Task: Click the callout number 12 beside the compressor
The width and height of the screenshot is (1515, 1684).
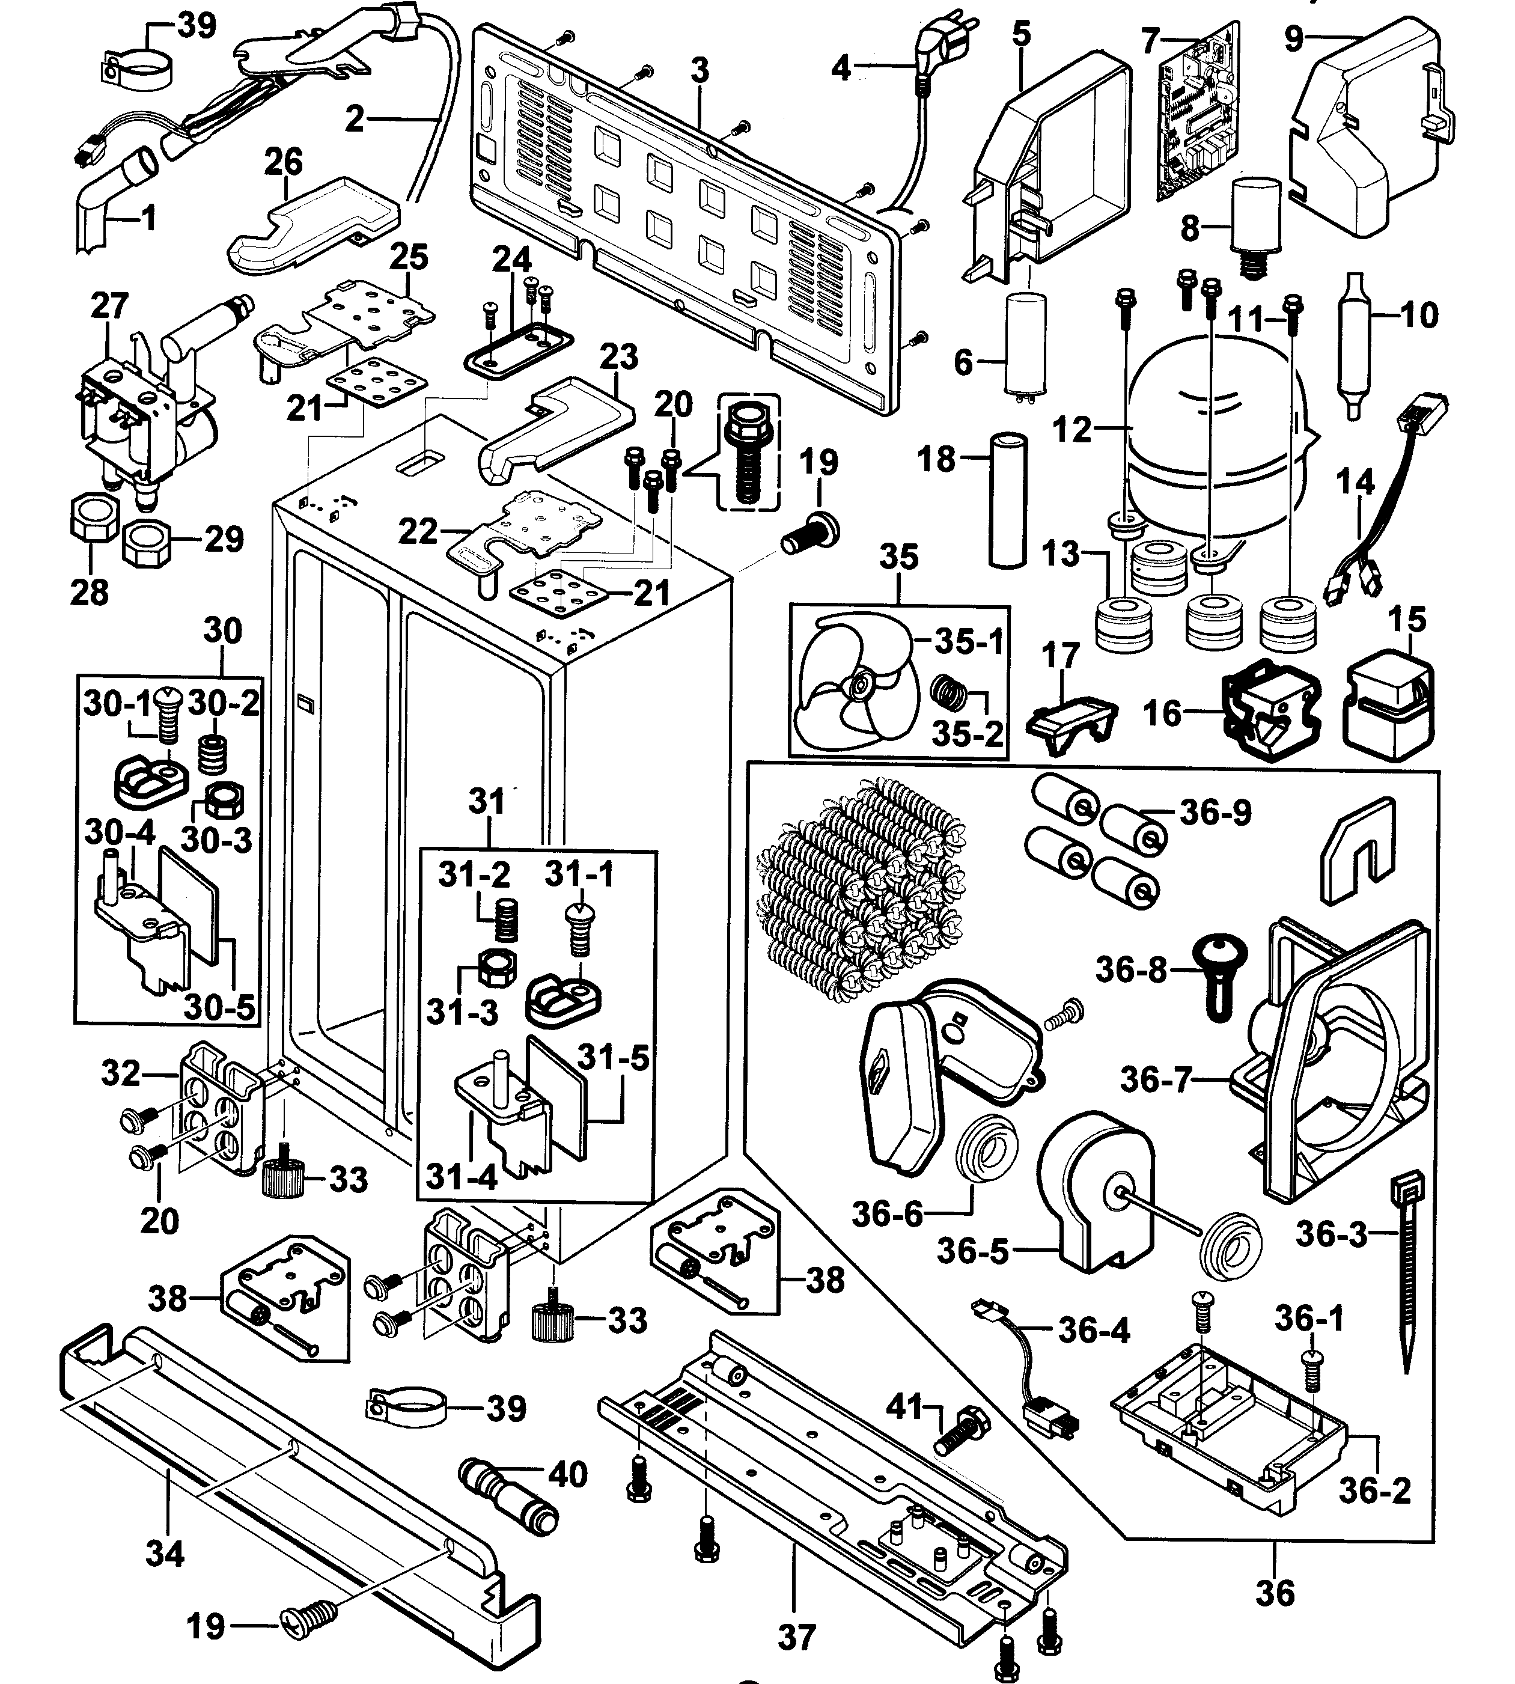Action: click(1071, 430)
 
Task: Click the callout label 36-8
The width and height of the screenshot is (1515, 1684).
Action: click(1131, 970)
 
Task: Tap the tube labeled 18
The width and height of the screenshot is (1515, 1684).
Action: click(1007, 499)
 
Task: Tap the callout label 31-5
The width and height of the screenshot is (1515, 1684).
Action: click(614, 1058)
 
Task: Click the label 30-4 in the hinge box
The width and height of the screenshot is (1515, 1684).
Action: click(119, 832)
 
